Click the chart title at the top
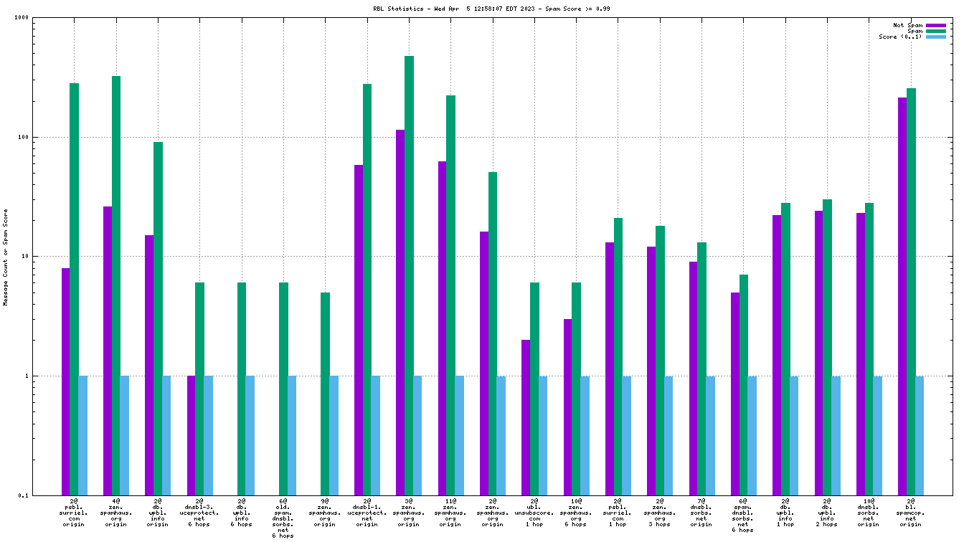[x=481, y=9]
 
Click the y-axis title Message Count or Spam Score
[x=6, y=257]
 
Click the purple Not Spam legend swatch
[x=936, y=25]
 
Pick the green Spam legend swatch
[x=936, y=31]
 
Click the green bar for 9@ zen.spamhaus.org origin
[x=325, y=394]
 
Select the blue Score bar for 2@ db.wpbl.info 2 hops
[x=836, y=435]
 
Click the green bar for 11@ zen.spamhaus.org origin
[x=450, y=295]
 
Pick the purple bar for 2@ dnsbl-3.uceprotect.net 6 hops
[x=192, y=435]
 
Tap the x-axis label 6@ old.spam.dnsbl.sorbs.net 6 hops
[x=283, y=518]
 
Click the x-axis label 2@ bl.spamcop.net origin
[x=910, y=513]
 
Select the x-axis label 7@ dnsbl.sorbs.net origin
[x=701, y=513]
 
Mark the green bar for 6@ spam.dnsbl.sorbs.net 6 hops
[x=744, y=384]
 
